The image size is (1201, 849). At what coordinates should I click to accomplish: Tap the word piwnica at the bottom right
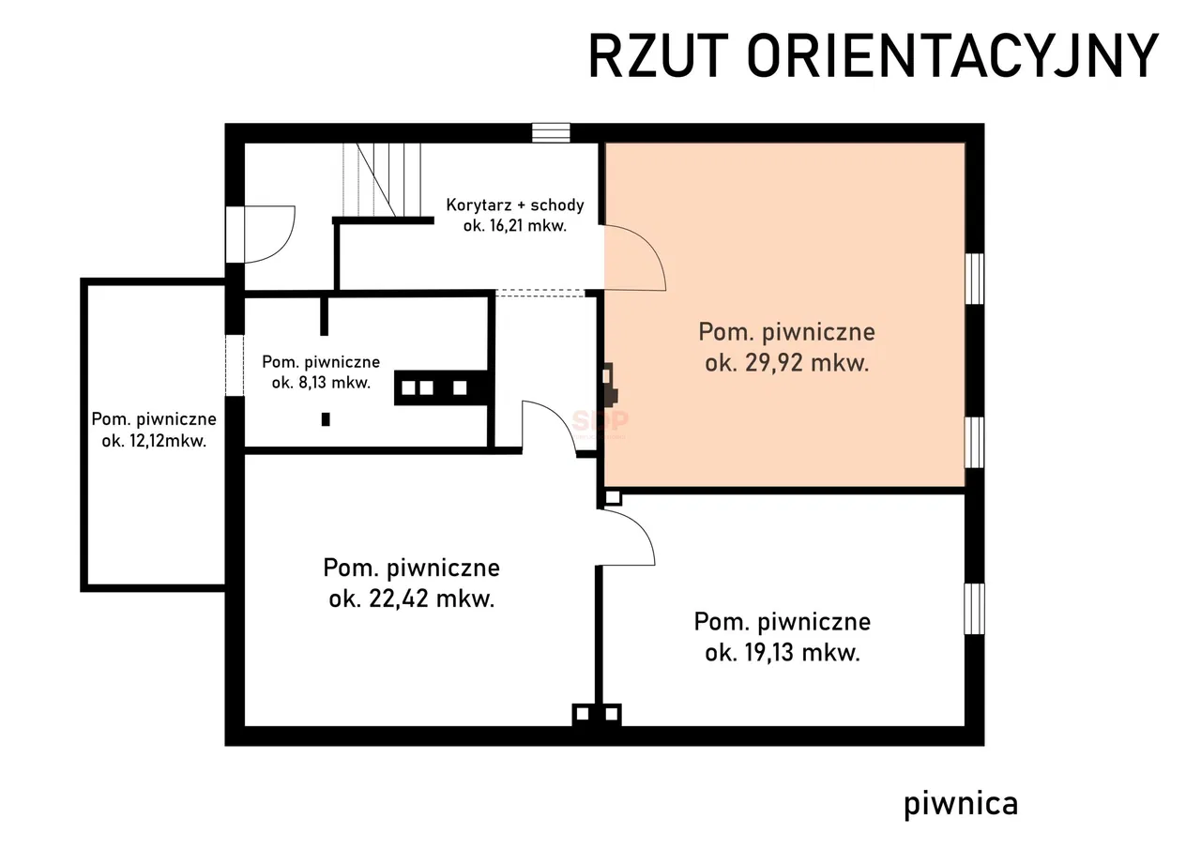point(961,804)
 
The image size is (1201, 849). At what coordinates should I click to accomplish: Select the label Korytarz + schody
point(515,205)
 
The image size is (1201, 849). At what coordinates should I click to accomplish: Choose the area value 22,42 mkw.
point(432,599)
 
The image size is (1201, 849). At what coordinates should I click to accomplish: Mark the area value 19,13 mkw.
point(802,653)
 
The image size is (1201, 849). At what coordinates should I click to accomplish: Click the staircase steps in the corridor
point(382,180)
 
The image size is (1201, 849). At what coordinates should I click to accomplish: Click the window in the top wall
point(551,133)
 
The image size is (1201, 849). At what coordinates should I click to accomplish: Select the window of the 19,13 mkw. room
point(974,609)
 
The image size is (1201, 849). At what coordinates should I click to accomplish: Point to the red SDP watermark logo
point(600,421)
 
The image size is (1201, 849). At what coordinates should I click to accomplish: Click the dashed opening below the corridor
point(540,293)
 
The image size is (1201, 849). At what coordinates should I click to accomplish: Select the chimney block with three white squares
point(441,387)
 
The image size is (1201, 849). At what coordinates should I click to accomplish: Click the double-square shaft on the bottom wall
point(597,715)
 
